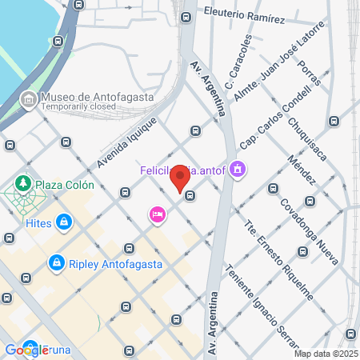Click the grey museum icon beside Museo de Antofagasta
(x=28, y=98)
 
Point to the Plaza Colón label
(x=66, y=185)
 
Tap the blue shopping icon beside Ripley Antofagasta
(x=57, y=262)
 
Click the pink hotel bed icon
(x=157, y=214)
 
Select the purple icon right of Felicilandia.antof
(x=238, y=170)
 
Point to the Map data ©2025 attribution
(x=326, y=353)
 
